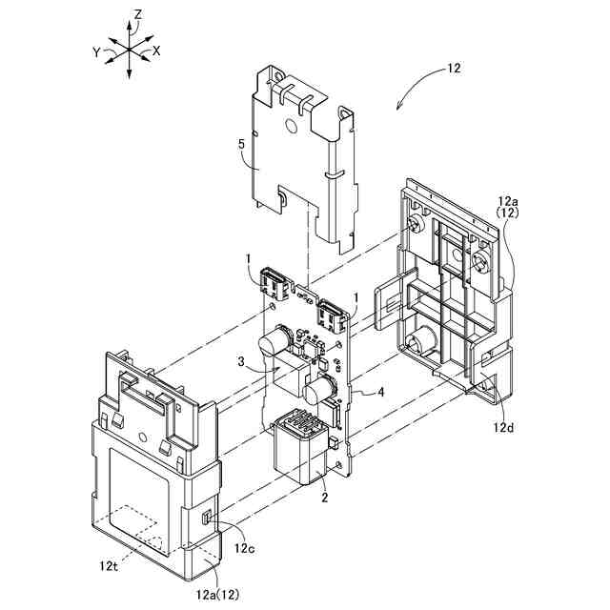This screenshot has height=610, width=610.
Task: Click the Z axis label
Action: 139,14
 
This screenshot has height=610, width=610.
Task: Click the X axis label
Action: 157,50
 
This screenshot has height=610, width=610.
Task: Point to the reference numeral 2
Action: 323,496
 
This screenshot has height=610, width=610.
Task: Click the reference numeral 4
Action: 381,392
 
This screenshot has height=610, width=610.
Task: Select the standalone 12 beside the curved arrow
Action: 453,69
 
